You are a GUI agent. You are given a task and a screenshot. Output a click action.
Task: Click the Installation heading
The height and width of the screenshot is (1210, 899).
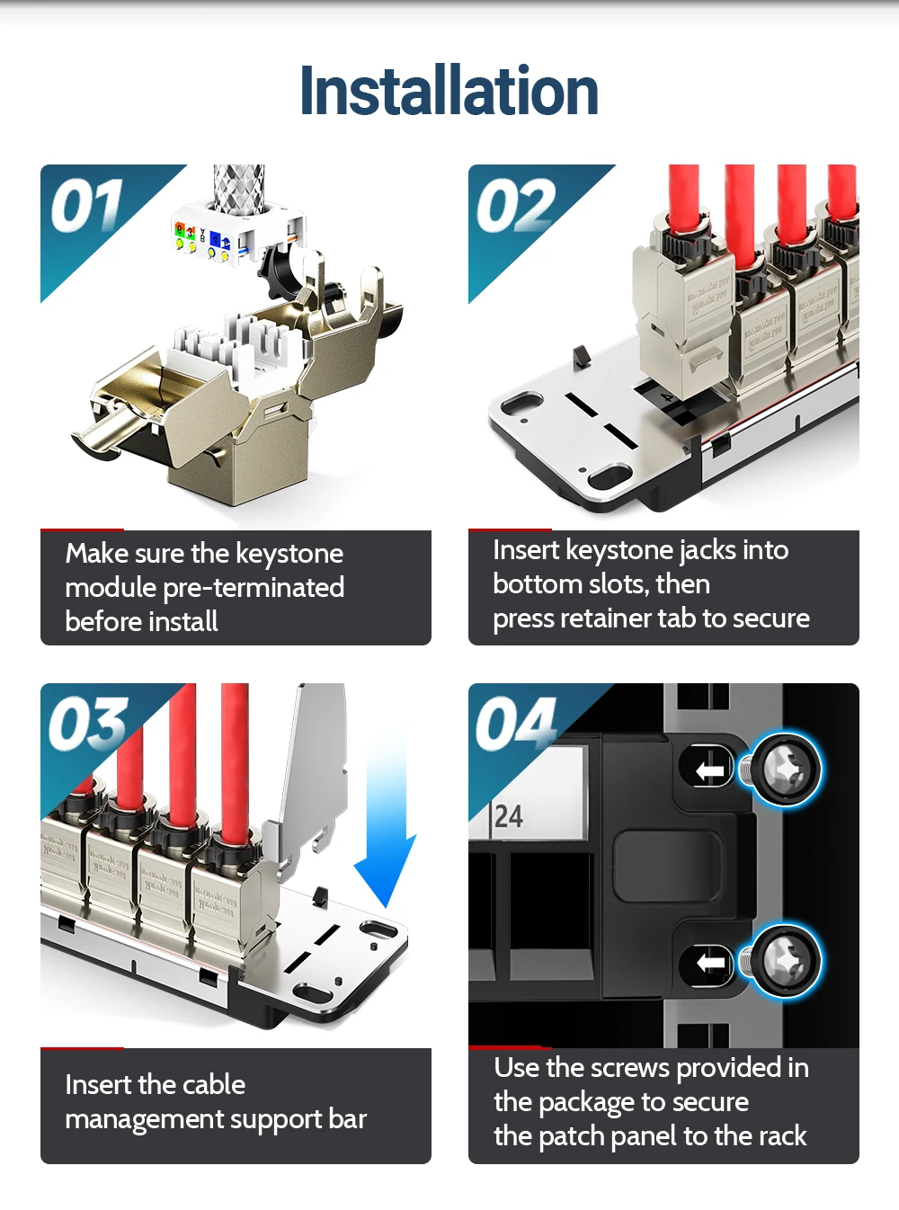coord(449,91)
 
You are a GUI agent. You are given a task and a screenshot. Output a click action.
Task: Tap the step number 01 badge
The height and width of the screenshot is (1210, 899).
coord(86,205)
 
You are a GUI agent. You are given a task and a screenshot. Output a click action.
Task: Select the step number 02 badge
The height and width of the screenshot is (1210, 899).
coord(515,205)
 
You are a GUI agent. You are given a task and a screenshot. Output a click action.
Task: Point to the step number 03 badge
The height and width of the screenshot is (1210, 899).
coord(88,723)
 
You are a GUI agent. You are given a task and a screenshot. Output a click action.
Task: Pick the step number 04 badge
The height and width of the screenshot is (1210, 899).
coord(515,723)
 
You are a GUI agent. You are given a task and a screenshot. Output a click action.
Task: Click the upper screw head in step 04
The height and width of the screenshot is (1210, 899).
coord(785,770)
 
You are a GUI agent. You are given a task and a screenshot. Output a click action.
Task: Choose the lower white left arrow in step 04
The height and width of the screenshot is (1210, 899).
coord(711,962)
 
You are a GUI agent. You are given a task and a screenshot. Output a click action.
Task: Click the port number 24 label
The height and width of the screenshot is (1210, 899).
coord(509,816)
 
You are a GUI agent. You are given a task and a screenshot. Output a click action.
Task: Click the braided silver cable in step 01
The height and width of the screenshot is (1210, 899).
coord(238,188)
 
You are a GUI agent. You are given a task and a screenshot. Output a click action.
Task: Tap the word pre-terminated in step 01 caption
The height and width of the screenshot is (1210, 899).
coord(254,589)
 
